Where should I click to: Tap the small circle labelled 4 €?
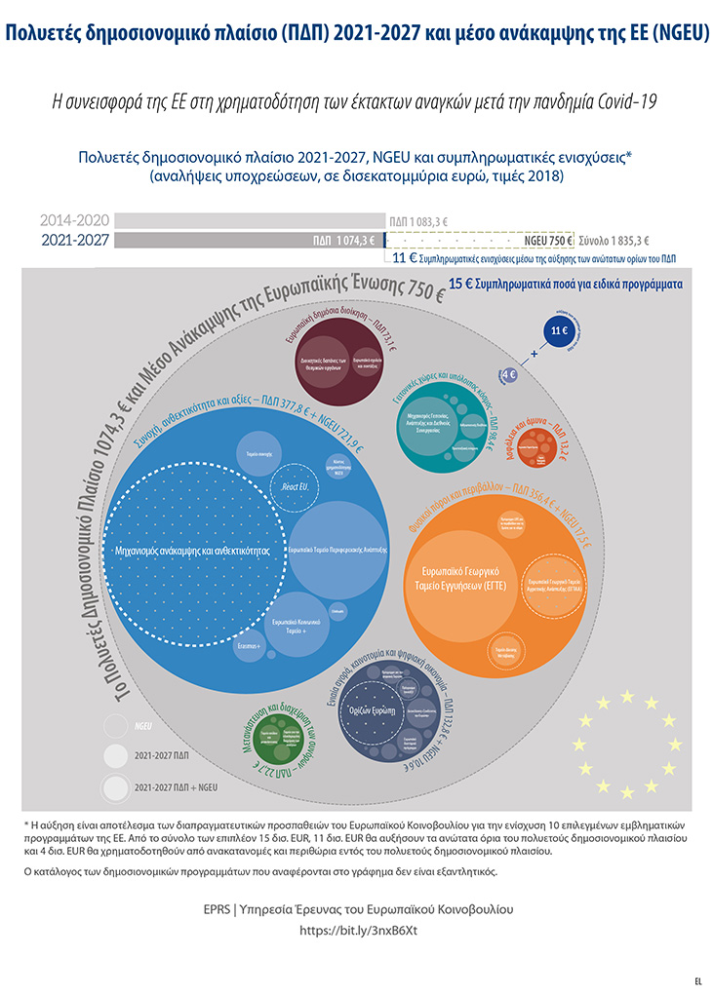pyautogui.click(x=508, y=373)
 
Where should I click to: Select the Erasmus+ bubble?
pyautogui.click(x=251, y=644)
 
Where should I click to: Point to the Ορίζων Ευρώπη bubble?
pyautogui.click(x=378, y=711)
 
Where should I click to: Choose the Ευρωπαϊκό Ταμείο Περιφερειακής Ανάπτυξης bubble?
pyautogui.click(x=337, y=550)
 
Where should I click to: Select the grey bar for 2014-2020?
pyautogui.click(x=248, y=220)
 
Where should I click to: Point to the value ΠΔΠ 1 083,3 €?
pyautogui.click(x=418, y=221)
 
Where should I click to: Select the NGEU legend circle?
pyautogui.click(x=115, y=726)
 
